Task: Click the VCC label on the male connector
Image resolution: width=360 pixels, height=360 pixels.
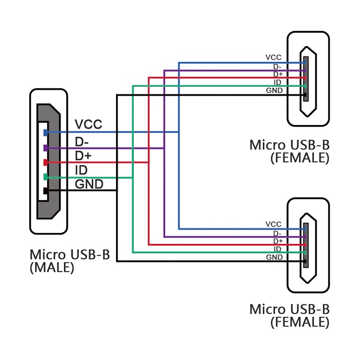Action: tap(88, 124)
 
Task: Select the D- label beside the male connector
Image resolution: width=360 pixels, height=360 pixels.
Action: tap(82, 142)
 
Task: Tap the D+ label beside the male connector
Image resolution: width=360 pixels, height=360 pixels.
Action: tap(83, 156)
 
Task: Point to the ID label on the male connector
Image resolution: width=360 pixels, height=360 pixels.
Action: tap(81, 171)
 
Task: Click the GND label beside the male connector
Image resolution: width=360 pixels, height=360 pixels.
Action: tap(89, 185)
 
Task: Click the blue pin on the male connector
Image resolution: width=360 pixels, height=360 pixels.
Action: tap(46, 132)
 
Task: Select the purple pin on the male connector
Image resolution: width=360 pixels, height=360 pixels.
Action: tap(46, 148)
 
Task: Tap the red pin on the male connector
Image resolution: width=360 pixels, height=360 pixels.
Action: tap(46, 162)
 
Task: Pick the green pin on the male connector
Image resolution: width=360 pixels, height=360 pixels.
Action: tap(46, 177)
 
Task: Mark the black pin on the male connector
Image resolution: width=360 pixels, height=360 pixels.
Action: tap(46, 191)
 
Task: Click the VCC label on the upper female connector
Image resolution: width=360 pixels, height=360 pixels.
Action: tap(273, 58)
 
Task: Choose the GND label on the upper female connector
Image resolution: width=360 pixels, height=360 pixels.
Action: tap(274, 91)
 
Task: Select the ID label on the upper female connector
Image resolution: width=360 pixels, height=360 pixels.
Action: tap(278, 82)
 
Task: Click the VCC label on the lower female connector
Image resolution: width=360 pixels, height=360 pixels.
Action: tap(273, 224)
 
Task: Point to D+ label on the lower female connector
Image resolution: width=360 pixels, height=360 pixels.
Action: tap(278, 241)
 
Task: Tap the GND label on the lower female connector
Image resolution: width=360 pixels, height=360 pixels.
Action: tap(274, 257)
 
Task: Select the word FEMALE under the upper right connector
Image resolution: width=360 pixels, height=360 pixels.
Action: tap(300, 158)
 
